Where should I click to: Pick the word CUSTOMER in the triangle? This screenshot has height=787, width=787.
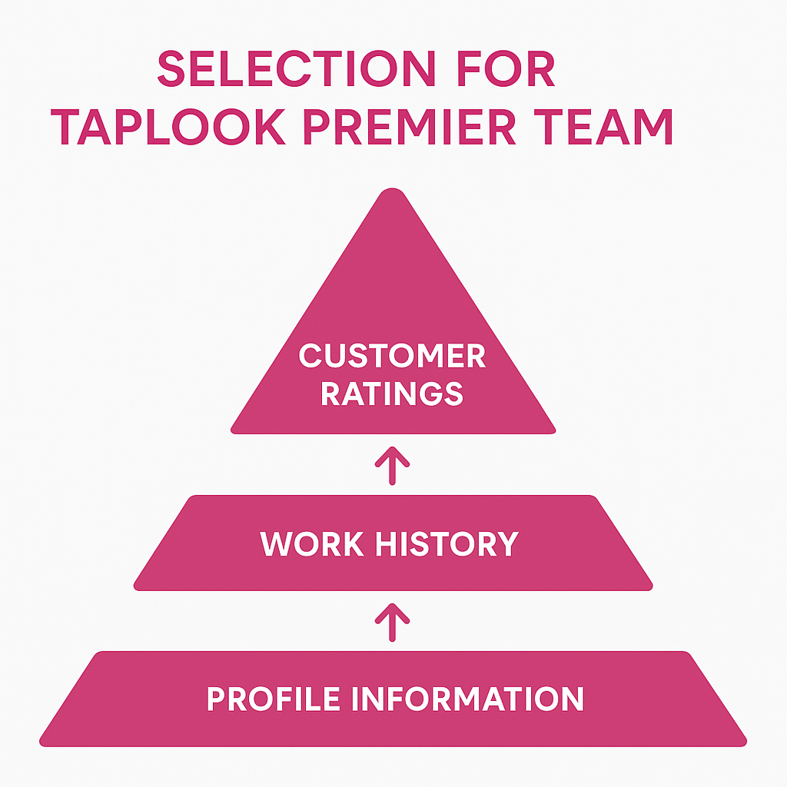tap(392, 357)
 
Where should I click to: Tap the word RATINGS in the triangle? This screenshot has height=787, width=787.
tap(392, 393)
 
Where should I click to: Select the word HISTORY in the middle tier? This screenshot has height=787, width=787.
tap(446, 544)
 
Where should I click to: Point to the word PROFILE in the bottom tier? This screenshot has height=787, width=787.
tap(274, 699)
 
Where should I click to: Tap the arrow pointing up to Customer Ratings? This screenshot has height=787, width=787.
tap(392, 466)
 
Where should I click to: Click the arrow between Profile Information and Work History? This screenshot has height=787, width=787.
tap(392, 621)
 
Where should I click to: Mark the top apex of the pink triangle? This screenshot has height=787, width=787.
tap(393, 191)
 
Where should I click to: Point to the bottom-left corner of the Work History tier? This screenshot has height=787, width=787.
tap(137, 587)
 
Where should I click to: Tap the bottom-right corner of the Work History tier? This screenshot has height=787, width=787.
tap(649, 587)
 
